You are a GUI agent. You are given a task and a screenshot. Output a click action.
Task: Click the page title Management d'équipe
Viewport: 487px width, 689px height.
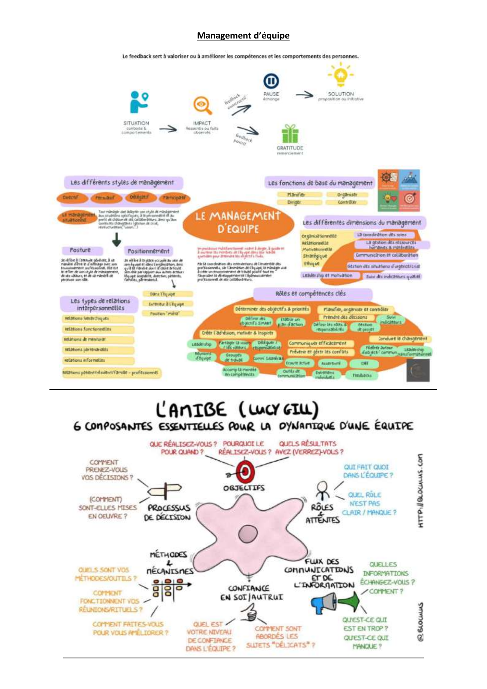(243, 36)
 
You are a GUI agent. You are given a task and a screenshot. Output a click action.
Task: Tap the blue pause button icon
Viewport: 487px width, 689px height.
(271, 81)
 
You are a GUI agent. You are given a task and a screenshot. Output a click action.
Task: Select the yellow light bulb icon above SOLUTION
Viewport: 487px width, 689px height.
(341, 76)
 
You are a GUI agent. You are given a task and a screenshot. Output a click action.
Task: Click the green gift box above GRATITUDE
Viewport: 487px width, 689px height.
(290, 134)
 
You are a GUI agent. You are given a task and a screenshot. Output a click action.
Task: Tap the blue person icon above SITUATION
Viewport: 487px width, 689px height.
(138, 102)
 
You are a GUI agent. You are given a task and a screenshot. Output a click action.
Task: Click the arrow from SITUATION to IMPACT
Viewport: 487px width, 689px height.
(168, 128)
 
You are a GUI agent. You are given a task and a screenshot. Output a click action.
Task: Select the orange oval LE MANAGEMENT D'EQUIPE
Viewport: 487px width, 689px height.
(238, 222)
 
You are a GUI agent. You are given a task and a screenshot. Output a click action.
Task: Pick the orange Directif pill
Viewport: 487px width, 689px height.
(71, 198)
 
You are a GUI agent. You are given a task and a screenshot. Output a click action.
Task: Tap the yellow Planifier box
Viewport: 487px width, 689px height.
(296, 194)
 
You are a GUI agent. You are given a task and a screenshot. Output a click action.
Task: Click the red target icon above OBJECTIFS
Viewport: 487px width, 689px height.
(245, 472)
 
